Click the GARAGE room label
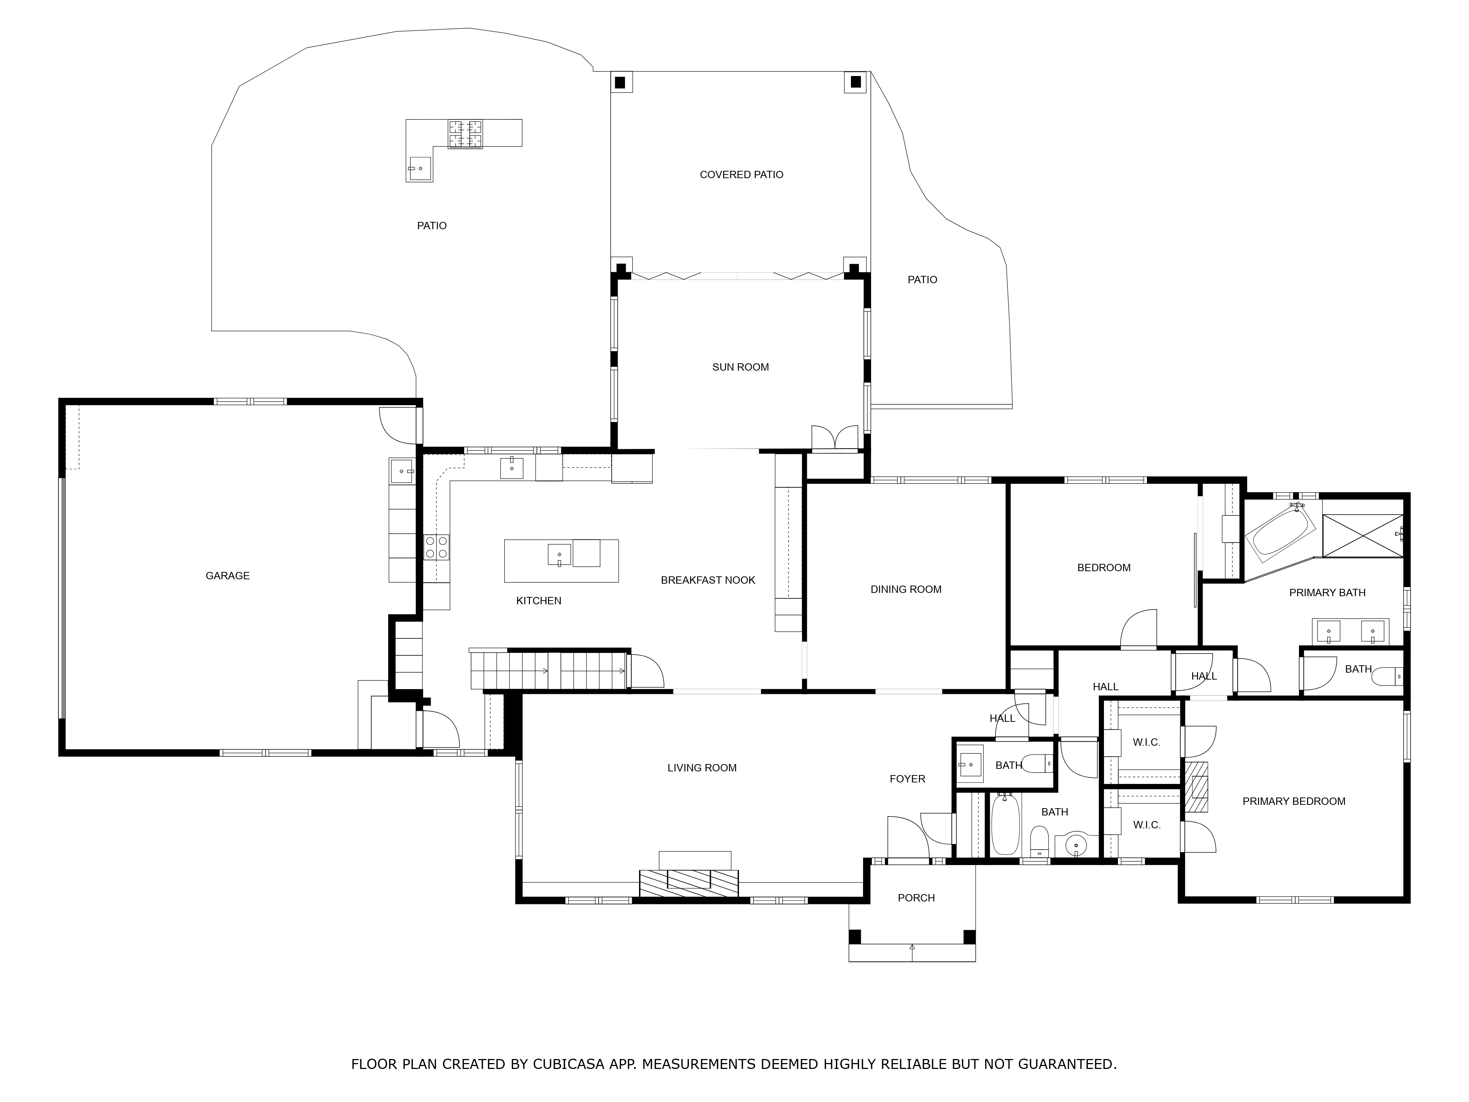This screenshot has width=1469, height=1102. click(227, 576)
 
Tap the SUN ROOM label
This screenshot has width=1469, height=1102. click(740, 367)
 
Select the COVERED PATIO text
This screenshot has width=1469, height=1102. click(741, 175)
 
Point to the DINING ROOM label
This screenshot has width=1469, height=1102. click(906, 589)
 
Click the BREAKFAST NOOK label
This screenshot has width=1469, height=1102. click(708, 580)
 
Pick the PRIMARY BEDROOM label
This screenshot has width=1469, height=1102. click(1294, 801)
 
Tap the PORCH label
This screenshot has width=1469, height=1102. click(916, 898)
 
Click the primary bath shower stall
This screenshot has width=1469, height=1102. click(1363, 536)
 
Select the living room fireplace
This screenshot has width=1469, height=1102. click(689, 883)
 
